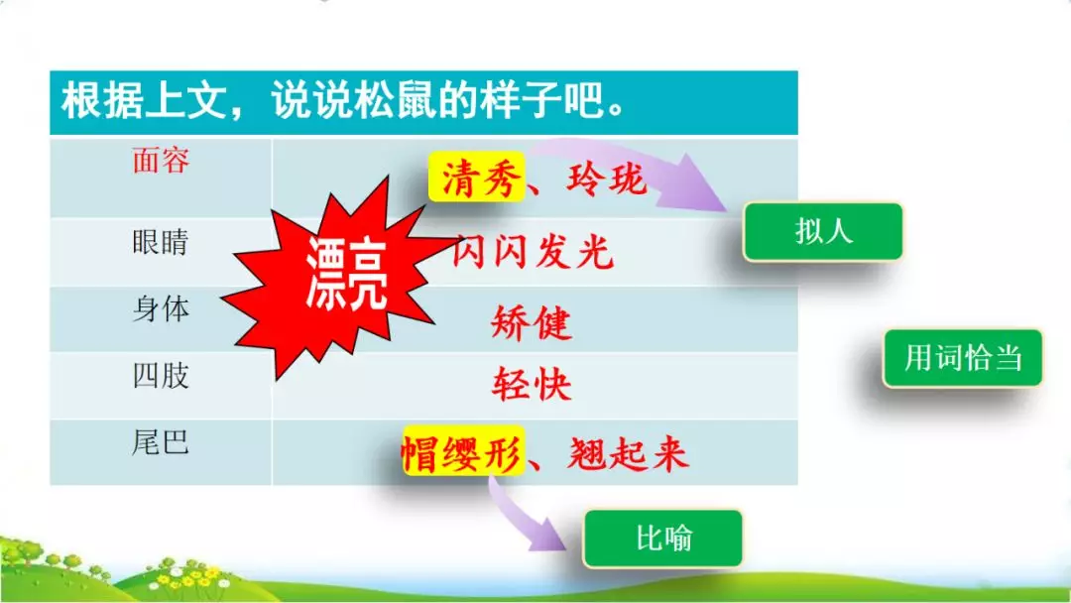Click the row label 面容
click(161, 161)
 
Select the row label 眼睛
click(161, 243)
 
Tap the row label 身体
click(161, 309)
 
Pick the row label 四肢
click(161, 377)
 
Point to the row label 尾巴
click(161, 442)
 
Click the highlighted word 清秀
click(476, 181)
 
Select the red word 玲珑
click(607, 181)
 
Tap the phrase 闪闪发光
click(534, 253)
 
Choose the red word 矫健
click(532, 323)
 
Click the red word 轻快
click(532, 385)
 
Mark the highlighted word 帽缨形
click(462, 454)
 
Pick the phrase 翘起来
click(629, 454)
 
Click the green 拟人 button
click(823, 232)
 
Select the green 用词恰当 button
click(962, 357)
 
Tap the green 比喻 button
click(663, 539)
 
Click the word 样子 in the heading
click(526, 102)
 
